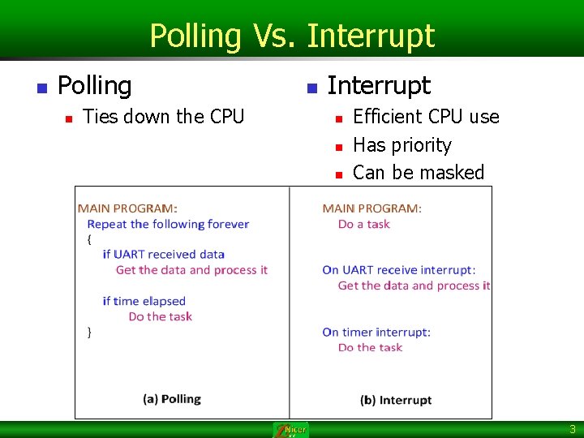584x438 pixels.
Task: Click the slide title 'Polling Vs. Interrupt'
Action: click(x=292, y=36)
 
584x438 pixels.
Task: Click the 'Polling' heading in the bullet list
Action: click(x=94, y=85)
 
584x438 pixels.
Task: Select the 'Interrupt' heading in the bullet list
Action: click(x=378, y=85)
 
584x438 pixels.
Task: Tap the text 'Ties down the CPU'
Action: click(x=163, y=117)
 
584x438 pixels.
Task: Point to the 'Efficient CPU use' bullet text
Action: click(x=426, y=117)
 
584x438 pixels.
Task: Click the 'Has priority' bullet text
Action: click(x=401, y=145)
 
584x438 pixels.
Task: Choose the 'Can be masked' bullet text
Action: click(x=418, y=173)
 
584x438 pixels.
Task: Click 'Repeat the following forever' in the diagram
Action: click(x=168, y=224)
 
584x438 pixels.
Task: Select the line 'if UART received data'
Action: click(x=163, y=254)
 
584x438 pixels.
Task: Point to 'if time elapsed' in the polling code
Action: click(x=144, y=301)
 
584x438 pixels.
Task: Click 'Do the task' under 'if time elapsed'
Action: click(x=160, y=316)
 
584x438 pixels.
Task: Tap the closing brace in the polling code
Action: click(x=89, y=332)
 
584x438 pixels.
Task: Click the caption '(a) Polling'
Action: click(x=171, y=398)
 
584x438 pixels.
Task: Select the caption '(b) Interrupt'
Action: click(x=396, y=400)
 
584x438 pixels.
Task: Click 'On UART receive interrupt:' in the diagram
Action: click(x=398, y=269)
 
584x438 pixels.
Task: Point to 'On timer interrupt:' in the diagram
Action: click(x=376, y=332)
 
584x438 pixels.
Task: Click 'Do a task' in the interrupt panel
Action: click(x=363, y=224)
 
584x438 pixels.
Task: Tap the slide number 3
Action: click(x=572, y=429)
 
